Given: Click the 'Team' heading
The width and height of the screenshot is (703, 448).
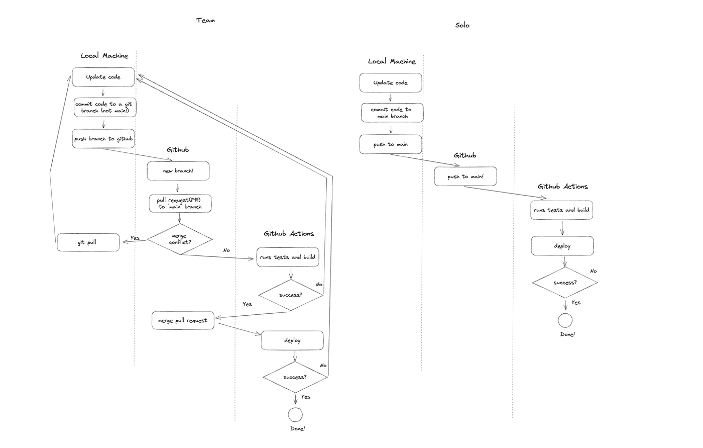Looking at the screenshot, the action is (205, 21).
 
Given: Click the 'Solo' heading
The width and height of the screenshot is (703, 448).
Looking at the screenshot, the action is (462, 25).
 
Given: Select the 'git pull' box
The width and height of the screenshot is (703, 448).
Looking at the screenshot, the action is (88, 242).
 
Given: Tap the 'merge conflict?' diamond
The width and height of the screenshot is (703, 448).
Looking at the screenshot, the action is (180, 239).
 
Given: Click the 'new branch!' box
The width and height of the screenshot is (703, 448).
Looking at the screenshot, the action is (178, 171).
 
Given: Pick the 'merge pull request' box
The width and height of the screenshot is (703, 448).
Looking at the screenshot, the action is (183, 320).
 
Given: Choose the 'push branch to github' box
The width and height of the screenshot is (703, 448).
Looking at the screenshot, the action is (103, 139).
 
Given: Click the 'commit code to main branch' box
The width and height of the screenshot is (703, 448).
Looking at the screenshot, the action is (392, 113).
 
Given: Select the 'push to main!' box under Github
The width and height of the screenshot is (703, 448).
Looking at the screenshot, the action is (465, 176).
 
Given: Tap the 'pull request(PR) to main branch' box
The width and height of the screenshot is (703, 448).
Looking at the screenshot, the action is (180, 204).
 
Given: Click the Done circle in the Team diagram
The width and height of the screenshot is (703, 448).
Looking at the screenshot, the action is (295, 415).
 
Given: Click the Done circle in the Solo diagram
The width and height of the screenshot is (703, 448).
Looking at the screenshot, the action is (565, 320).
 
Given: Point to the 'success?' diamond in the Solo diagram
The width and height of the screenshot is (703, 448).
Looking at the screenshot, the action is (565, 283).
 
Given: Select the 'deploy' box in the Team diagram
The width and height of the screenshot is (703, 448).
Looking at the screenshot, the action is (292, 340).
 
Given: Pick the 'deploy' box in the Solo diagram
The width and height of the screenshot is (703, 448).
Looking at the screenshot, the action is (562, 246).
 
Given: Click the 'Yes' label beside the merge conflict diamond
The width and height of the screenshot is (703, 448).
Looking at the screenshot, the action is (135, 238).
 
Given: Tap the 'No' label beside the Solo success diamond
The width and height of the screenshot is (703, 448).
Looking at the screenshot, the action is (593, 271).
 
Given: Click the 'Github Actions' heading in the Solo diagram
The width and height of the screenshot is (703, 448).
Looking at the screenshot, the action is (563, 187).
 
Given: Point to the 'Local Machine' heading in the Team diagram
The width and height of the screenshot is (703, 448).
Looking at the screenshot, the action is (104, 56).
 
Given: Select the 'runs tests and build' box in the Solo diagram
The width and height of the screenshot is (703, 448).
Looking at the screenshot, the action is (562, 210).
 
